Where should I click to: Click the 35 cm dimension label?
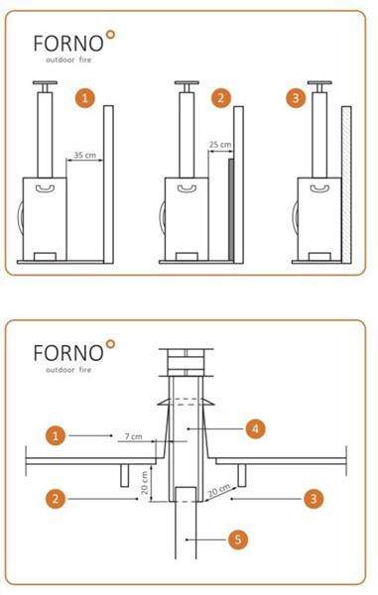tap(84, 156)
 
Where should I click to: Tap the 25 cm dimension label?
tap(220, 145)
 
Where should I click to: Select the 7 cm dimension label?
tap(134, 436)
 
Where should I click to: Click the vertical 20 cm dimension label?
tap(145, 483)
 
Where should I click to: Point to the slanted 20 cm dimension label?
tap(219, 491)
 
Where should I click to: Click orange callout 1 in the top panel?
tap(84, 98)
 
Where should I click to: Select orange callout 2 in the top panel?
tap(221, 98)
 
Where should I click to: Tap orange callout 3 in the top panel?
tap(296, 98)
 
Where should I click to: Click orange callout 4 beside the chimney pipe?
tap(255, 428)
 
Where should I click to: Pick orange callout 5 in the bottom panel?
tap(238, 539)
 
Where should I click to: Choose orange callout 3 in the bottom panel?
tap(314, 498)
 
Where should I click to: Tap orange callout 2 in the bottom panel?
tap(56, 498)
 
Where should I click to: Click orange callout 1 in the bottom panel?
tap(56, 435)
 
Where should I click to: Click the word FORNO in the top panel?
tap(68, 44)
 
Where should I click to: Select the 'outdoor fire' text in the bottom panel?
tap(68, 369)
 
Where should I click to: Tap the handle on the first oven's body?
tap(45, 187)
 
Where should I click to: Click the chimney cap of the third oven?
tap(319, 82)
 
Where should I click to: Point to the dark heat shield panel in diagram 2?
tap(231, 209)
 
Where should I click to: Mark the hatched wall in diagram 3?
tap(346, 184)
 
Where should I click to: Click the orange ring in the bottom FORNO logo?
tap(110, 344)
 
